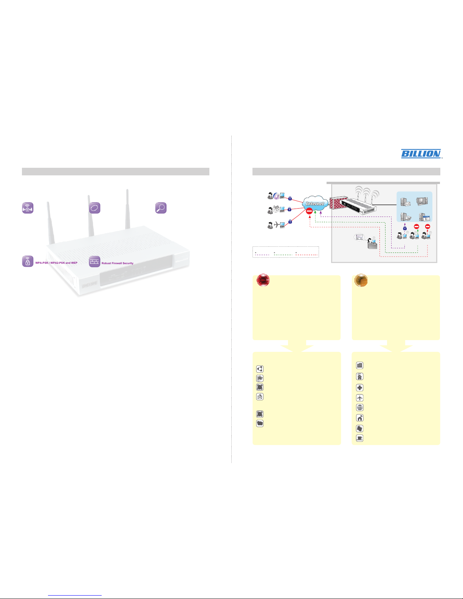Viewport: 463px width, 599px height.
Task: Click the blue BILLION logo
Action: tap(421, 153)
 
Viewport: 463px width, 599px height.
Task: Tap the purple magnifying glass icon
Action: tap(161, 208)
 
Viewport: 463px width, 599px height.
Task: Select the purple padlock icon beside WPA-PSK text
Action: tap(28, 261)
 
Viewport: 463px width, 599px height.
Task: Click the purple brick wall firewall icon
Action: tap(94, 262)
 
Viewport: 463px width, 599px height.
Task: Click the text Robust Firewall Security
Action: tap(118, 263)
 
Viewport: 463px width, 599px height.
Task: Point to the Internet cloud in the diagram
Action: tap(315, 204)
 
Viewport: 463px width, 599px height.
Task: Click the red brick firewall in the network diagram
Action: tap(338, 203)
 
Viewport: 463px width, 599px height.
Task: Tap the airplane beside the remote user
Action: tap(276, 224)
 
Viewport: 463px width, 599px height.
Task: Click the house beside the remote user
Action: tap(276, 209)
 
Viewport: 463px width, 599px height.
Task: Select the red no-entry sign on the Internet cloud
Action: tap(309, 211)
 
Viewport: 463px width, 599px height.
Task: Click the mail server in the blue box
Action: tap(405, 202)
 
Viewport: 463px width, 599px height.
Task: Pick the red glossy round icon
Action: tap(263, 280)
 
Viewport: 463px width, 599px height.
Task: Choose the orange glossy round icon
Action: tap(361, 280)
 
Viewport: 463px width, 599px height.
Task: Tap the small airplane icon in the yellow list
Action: tap(360, 398)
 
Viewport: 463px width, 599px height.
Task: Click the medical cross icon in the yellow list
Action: tap(360, 388)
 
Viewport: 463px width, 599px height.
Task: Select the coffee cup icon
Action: tap(360, 438)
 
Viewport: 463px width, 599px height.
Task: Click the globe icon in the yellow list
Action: tap(360, 407)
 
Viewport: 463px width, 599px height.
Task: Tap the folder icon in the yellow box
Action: tap(260, 423)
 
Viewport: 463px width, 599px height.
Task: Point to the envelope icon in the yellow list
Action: tap(260, 397)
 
